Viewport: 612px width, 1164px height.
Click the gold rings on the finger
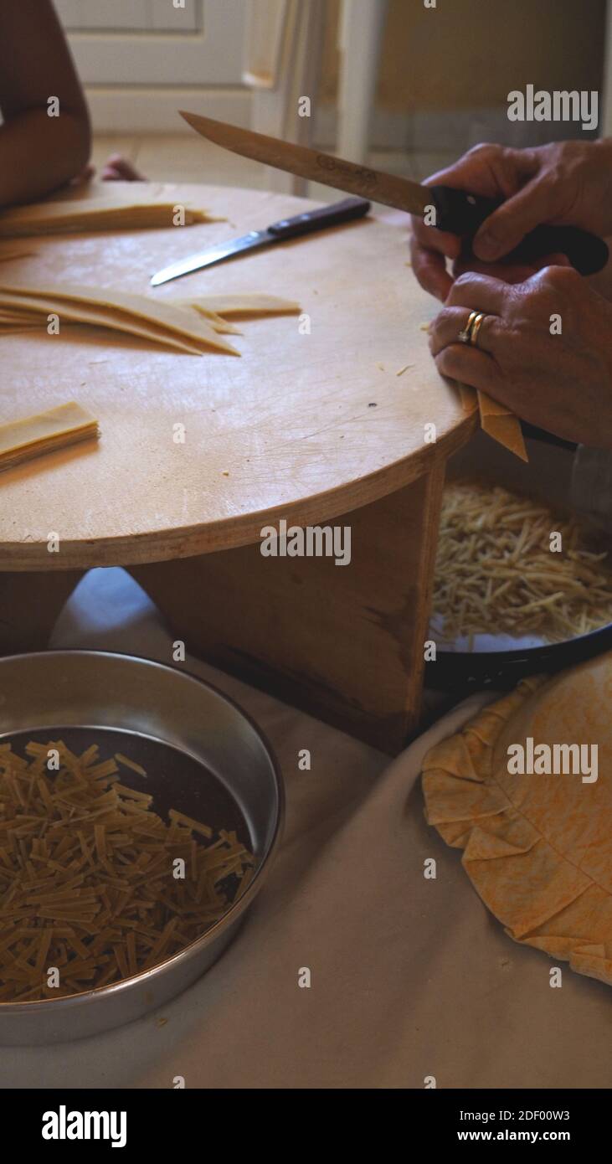472,327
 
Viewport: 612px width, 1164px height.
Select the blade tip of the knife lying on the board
159,279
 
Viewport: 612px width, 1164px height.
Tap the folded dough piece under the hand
501,422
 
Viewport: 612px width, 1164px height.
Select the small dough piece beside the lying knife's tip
243,306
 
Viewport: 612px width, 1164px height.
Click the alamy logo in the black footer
84,1126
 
